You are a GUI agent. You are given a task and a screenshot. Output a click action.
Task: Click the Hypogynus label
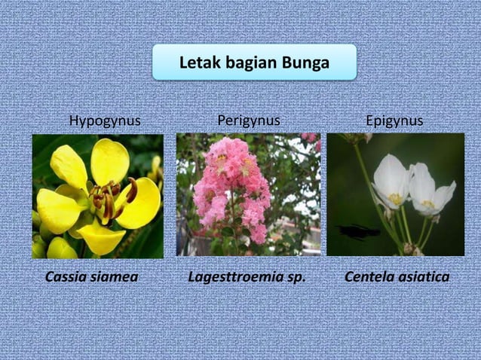[105, 121]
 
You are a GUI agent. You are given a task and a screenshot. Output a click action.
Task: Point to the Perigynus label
[248, 121]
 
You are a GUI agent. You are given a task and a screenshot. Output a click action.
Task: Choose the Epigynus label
[394, 121]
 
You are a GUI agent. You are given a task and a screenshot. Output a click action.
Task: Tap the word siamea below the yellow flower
[116, 277]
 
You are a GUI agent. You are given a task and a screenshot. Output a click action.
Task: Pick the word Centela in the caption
[369, 277]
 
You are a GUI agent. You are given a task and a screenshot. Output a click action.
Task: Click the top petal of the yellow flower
[110, 160]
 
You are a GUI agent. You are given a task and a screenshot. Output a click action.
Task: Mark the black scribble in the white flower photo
[360, 232]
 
